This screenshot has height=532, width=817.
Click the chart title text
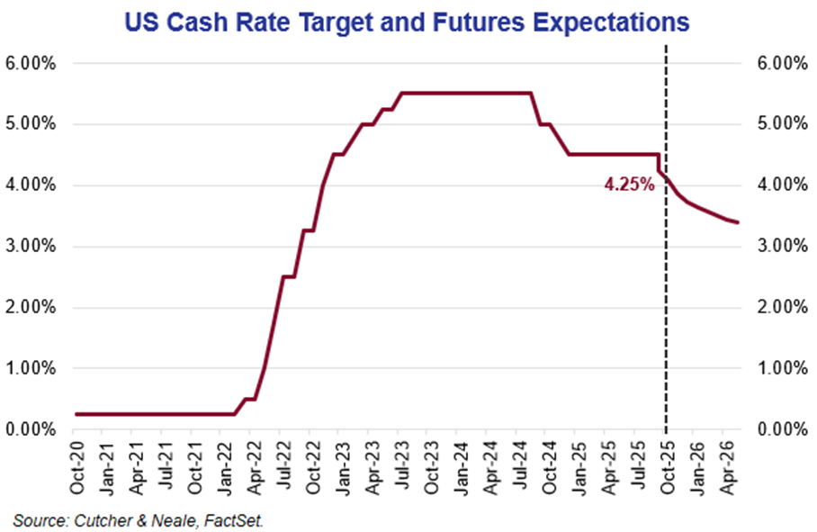tap(407, 20)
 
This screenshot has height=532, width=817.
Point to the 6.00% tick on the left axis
tap(33, 64)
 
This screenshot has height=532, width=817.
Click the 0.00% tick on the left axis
tap(33, 429)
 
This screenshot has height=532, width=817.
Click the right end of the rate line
tap(738, 222)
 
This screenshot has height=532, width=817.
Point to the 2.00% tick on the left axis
tap(33, 308)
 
